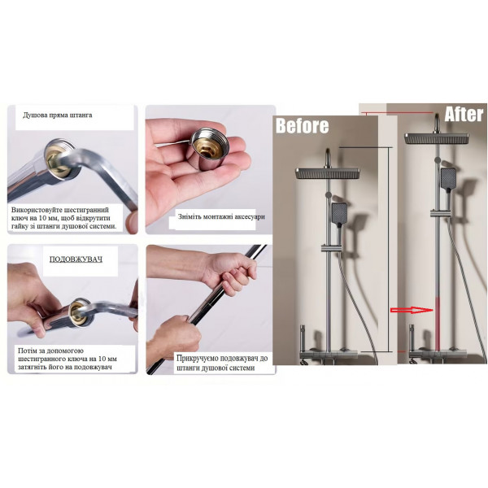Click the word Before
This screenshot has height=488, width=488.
pyautogui.click(x=302, y=126)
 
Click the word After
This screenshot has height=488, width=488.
pyautogui.click(x=464, y=114)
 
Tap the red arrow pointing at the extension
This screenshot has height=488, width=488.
pyautogui.click(x=412, y=310)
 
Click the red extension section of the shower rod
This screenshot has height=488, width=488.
pyautogui.click(x=438, y=324)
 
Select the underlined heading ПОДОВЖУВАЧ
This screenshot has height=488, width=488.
pyautogui.click(x=76, y=259)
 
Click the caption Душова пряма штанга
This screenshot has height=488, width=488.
pyautogui.click(x=58, y=115)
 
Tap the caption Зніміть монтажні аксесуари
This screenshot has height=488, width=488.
pyautogui.click(x=221, y=216)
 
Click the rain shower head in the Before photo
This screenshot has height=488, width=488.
pyautogui.click(x=328, y=173)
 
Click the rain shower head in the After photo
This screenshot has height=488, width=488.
pyautogui.click(x=437, y=138)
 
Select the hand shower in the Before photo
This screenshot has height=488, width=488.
pyautogui.click(x=339, y=214)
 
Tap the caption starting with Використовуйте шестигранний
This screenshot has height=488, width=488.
pyautogui.click(x=63, y=218)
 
